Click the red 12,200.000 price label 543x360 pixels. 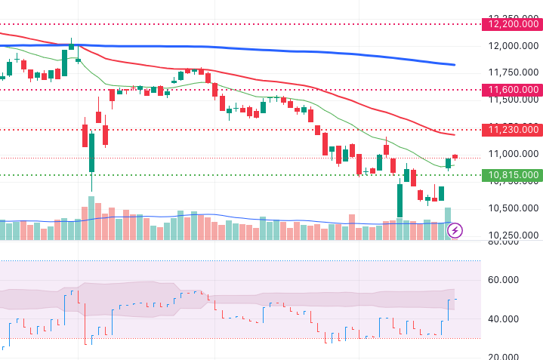(513, 25)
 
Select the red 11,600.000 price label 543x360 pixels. (513, 90)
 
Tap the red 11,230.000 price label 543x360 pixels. (513, 130)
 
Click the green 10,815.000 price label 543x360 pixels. (513, 175)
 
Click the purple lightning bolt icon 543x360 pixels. (455, 230)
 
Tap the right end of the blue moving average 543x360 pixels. (454, 65)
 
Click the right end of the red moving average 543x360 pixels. (454, 134)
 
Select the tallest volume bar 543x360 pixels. (91, 218)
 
